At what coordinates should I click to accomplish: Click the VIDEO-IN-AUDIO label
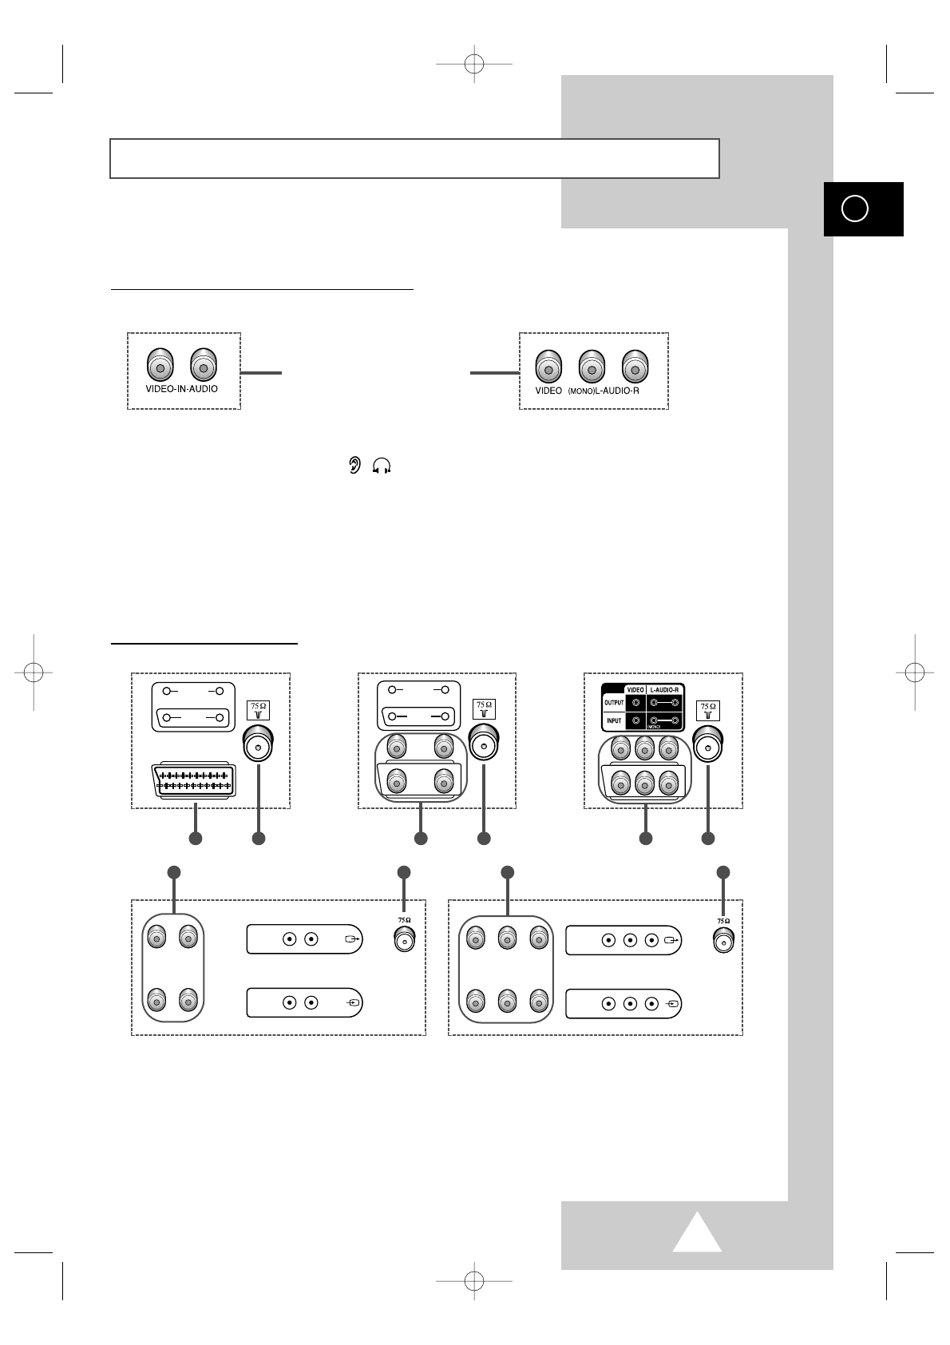181,389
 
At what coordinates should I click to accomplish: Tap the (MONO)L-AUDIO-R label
604,391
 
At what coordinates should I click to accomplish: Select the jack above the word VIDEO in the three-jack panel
548,368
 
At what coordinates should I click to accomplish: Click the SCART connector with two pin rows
193,781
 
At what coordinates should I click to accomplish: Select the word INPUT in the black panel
613,720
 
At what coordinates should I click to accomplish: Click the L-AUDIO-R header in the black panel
664,688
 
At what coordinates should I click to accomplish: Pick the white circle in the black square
854,208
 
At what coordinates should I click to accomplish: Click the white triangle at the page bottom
697,1231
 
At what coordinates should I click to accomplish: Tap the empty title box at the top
414,158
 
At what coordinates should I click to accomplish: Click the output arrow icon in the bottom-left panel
352,939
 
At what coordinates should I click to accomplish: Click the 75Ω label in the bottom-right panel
723,921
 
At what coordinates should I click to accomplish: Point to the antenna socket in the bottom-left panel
405,941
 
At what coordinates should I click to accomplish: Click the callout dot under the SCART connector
196,838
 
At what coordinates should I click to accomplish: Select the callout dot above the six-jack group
507,871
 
